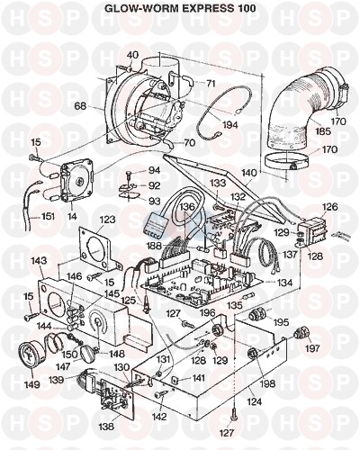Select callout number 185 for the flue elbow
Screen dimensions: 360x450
[323, 131]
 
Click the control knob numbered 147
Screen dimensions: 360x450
[89, 352]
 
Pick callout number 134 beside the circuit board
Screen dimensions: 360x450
[284, 282]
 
